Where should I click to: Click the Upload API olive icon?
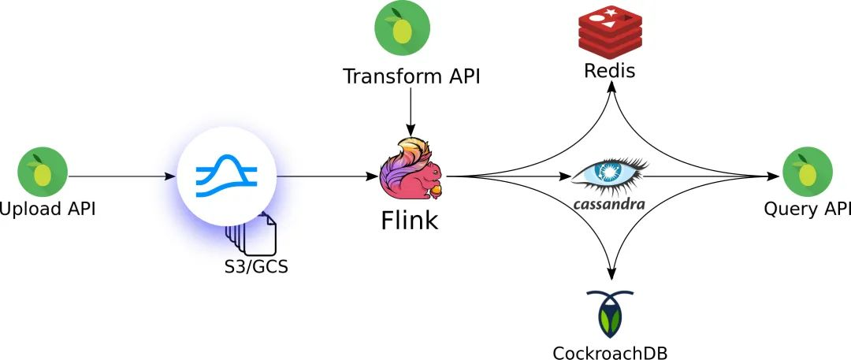pyautogui.click(x=43, y=171)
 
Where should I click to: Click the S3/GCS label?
pyautogui.click(x=256, y=265)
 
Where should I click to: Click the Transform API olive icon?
pyautogui.click(x=402, y=29)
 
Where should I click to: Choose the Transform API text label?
pyautogui.click(x=411, y=76)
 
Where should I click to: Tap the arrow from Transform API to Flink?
pyautogui.click(x=409, y=110)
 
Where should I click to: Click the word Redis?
pyautogui.click(x=610, y=71)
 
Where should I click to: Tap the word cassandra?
pyautogui.click(x=609, y=204)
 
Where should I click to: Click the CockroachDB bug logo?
pyautogui.click(x=610, y=314)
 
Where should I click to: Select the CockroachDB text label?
pyautogui.click(x=610, y=351)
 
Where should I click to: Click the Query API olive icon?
pyautogui.click(x=807, y=171)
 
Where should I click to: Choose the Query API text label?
pyautogui.click(x=807, y=210)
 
